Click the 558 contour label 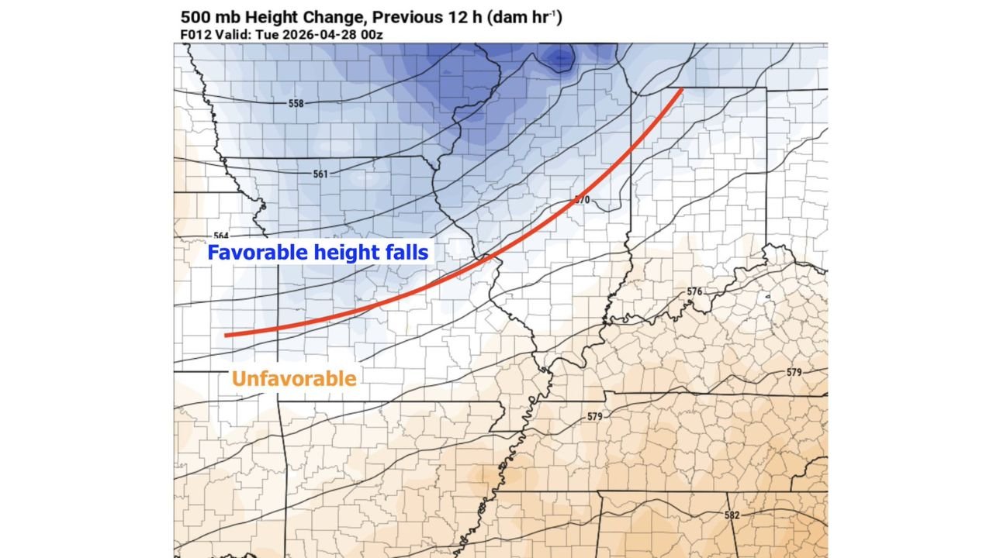(x=296, y=103)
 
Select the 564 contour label (x=221, y=236)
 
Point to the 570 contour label (x=582, y=200)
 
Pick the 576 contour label (x=694, y=291)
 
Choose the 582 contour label (x=732, y=515)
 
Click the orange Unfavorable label (x=294, y=379)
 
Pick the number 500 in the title (x=195, y=16)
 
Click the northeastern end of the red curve (x=682, y=90)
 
